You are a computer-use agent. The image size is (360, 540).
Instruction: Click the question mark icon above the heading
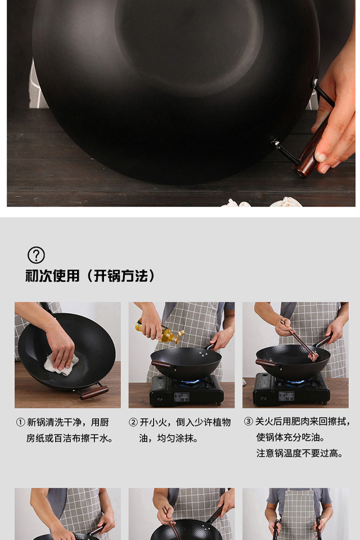(x=36, y=255)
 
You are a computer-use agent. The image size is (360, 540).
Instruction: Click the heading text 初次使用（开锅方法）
(x=90, y=276)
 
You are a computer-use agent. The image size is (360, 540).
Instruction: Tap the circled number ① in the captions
(x=21, y=422)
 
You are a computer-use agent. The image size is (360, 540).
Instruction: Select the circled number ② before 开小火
(x=133, y=422)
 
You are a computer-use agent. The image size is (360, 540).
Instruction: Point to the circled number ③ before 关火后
(x=249, y=421)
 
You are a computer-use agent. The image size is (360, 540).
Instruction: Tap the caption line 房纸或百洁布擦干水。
(x=70, y=438)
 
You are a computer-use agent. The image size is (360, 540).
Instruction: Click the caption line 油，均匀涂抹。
(x=169, y=438)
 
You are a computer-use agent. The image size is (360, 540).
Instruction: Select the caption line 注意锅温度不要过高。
(x=300, y=453)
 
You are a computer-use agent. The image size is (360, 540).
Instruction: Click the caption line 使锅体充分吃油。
(x=291, y=438)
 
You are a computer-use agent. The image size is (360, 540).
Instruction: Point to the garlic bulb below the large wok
(x=285, y=202)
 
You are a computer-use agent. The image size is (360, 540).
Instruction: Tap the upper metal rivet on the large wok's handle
(x=314, y=83)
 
